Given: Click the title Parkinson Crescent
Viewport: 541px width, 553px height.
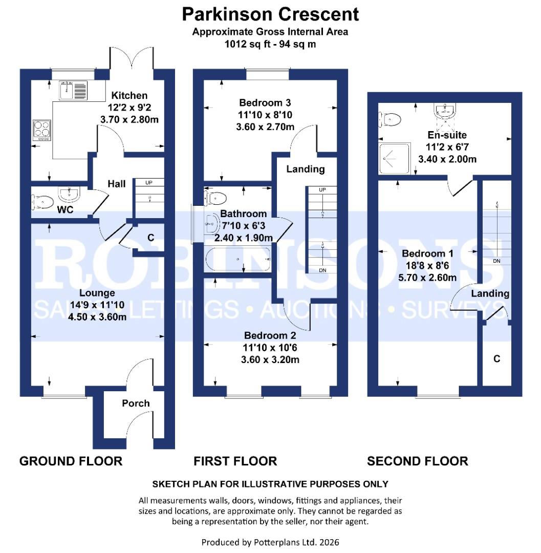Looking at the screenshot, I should [x=270, y=14].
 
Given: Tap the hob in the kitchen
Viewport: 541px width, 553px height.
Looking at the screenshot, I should [x=42, y=130].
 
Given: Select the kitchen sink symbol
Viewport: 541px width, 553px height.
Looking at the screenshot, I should [x=73, y=90].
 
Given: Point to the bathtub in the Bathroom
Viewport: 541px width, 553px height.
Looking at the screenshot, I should [x=237, y=260].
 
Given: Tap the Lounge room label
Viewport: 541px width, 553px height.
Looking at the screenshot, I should [x=97, y=293].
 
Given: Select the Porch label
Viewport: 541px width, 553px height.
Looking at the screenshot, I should [x=136, y=403].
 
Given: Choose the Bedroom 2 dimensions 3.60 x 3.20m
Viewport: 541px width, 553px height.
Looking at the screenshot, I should [x=271, y=360].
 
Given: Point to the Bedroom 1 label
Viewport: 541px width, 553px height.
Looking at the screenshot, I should [x=427, y=253].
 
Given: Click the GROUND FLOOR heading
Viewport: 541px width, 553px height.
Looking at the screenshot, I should [x=71, y=461].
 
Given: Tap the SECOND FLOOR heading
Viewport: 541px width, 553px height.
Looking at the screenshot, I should [x=417, y=461].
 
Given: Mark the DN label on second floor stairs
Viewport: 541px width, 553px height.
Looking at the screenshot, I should [x=496, y=261].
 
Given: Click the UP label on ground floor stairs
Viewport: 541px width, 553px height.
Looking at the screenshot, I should [x=149, y=182].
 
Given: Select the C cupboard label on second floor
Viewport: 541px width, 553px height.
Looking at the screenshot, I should [x=496, y=359].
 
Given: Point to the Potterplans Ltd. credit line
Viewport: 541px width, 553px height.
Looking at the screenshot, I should [x=270, y=542].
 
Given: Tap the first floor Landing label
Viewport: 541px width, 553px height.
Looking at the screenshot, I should [x=305, y=169].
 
